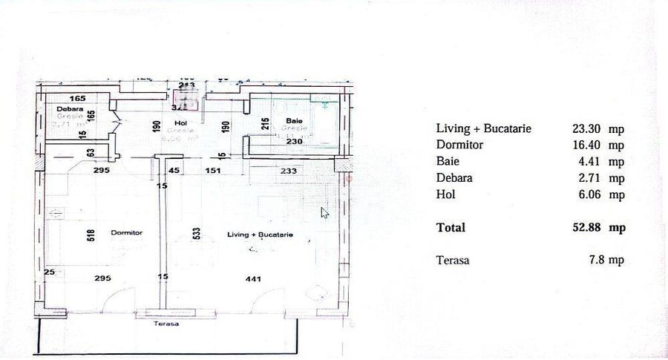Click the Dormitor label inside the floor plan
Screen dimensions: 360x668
[126, 232]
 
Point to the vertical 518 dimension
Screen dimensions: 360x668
[91, 235]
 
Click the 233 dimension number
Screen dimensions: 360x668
[289, 171]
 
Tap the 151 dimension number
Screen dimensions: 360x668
[213, 171]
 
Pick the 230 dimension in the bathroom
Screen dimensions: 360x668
[295, 142]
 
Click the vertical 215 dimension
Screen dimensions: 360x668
[264, 125]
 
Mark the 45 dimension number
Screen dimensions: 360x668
[174, 171]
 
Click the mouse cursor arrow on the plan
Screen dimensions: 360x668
[324, 212]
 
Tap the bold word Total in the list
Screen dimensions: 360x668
[451, 228]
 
